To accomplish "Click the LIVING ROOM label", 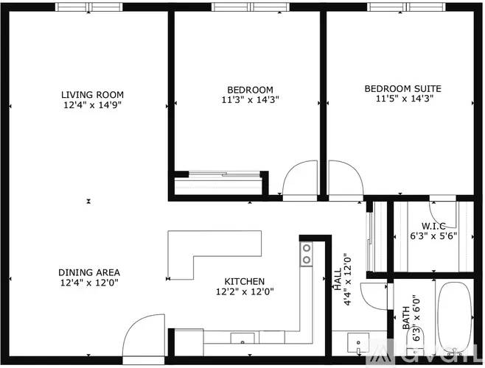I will click(x=92, y=94).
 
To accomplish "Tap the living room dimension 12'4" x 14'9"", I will click(x=92, y=105).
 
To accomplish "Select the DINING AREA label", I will click(x=89, y=272).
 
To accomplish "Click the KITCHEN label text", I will click(x=245, y=281).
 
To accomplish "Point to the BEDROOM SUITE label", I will click(x=402, y=88).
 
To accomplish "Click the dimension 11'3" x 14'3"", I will click(x=250, y=99).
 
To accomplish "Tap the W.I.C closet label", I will click(x=433, y=226).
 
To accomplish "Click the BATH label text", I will click(x=406, y=322).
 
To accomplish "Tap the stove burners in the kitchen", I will click(x=305, y=254).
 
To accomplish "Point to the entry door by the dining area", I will click(x=145, y=330).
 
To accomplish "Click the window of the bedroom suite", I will click(x=401, y=8).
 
